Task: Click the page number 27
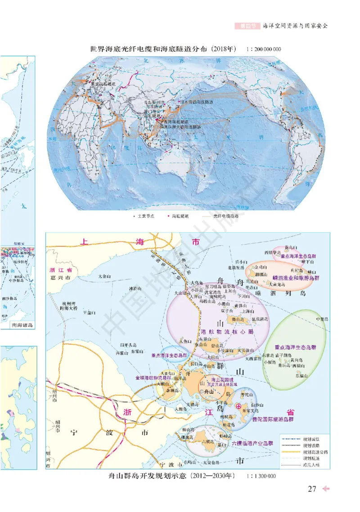click(312, 489)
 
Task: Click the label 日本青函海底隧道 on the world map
click(197, 102)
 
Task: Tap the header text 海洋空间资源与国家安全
click(295, 26)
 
